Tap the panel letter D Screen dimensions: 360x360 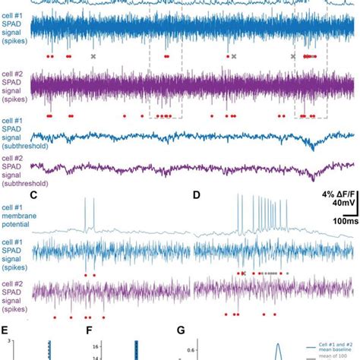(197, 196)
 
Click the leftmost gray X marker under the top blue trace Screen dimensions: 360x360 (93, 57)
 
